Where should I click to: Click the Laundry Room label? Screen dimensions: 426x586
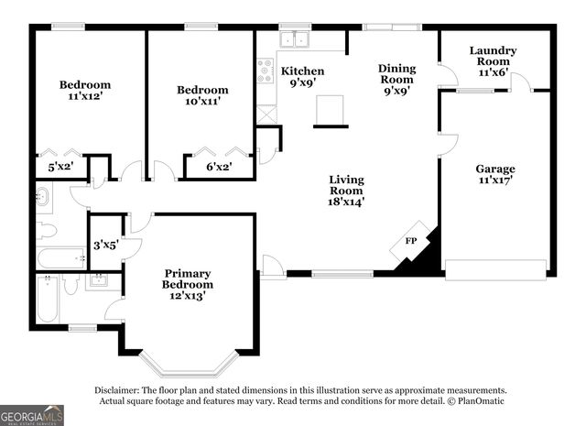click(493, 61)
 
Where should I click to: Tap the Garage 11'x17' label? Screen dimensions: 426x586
click(494, 175)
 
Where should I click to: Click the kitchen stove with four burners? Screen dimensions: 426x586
click(266, 70)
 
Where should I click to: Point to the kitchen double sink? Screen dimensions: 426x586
click(295, 39)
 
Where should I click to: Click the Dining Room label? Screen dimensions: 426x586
click(396, 80)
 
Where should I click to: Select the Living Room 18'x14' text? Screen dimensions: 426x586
click(346, 191)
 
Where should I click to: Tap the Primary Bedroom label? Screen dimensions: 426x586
click(187, 284)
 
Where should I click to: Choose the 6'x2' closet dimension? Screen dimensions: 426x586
click(217, 167)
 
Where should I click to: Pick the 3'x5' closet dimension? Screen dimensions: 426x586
click(105, 245)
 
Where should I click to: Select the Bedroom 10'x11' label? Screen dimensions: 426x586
click(201, 96)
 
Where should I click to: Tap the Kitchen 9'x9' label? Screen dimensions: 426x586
click(302, 77)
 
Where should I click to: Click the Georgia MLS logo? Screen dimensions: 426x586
click(32, 415)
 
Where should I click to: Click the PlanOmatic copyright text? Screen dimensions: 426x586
click(475, 401)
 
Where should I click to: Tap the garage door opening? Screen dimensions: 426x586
click(494, 267)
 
